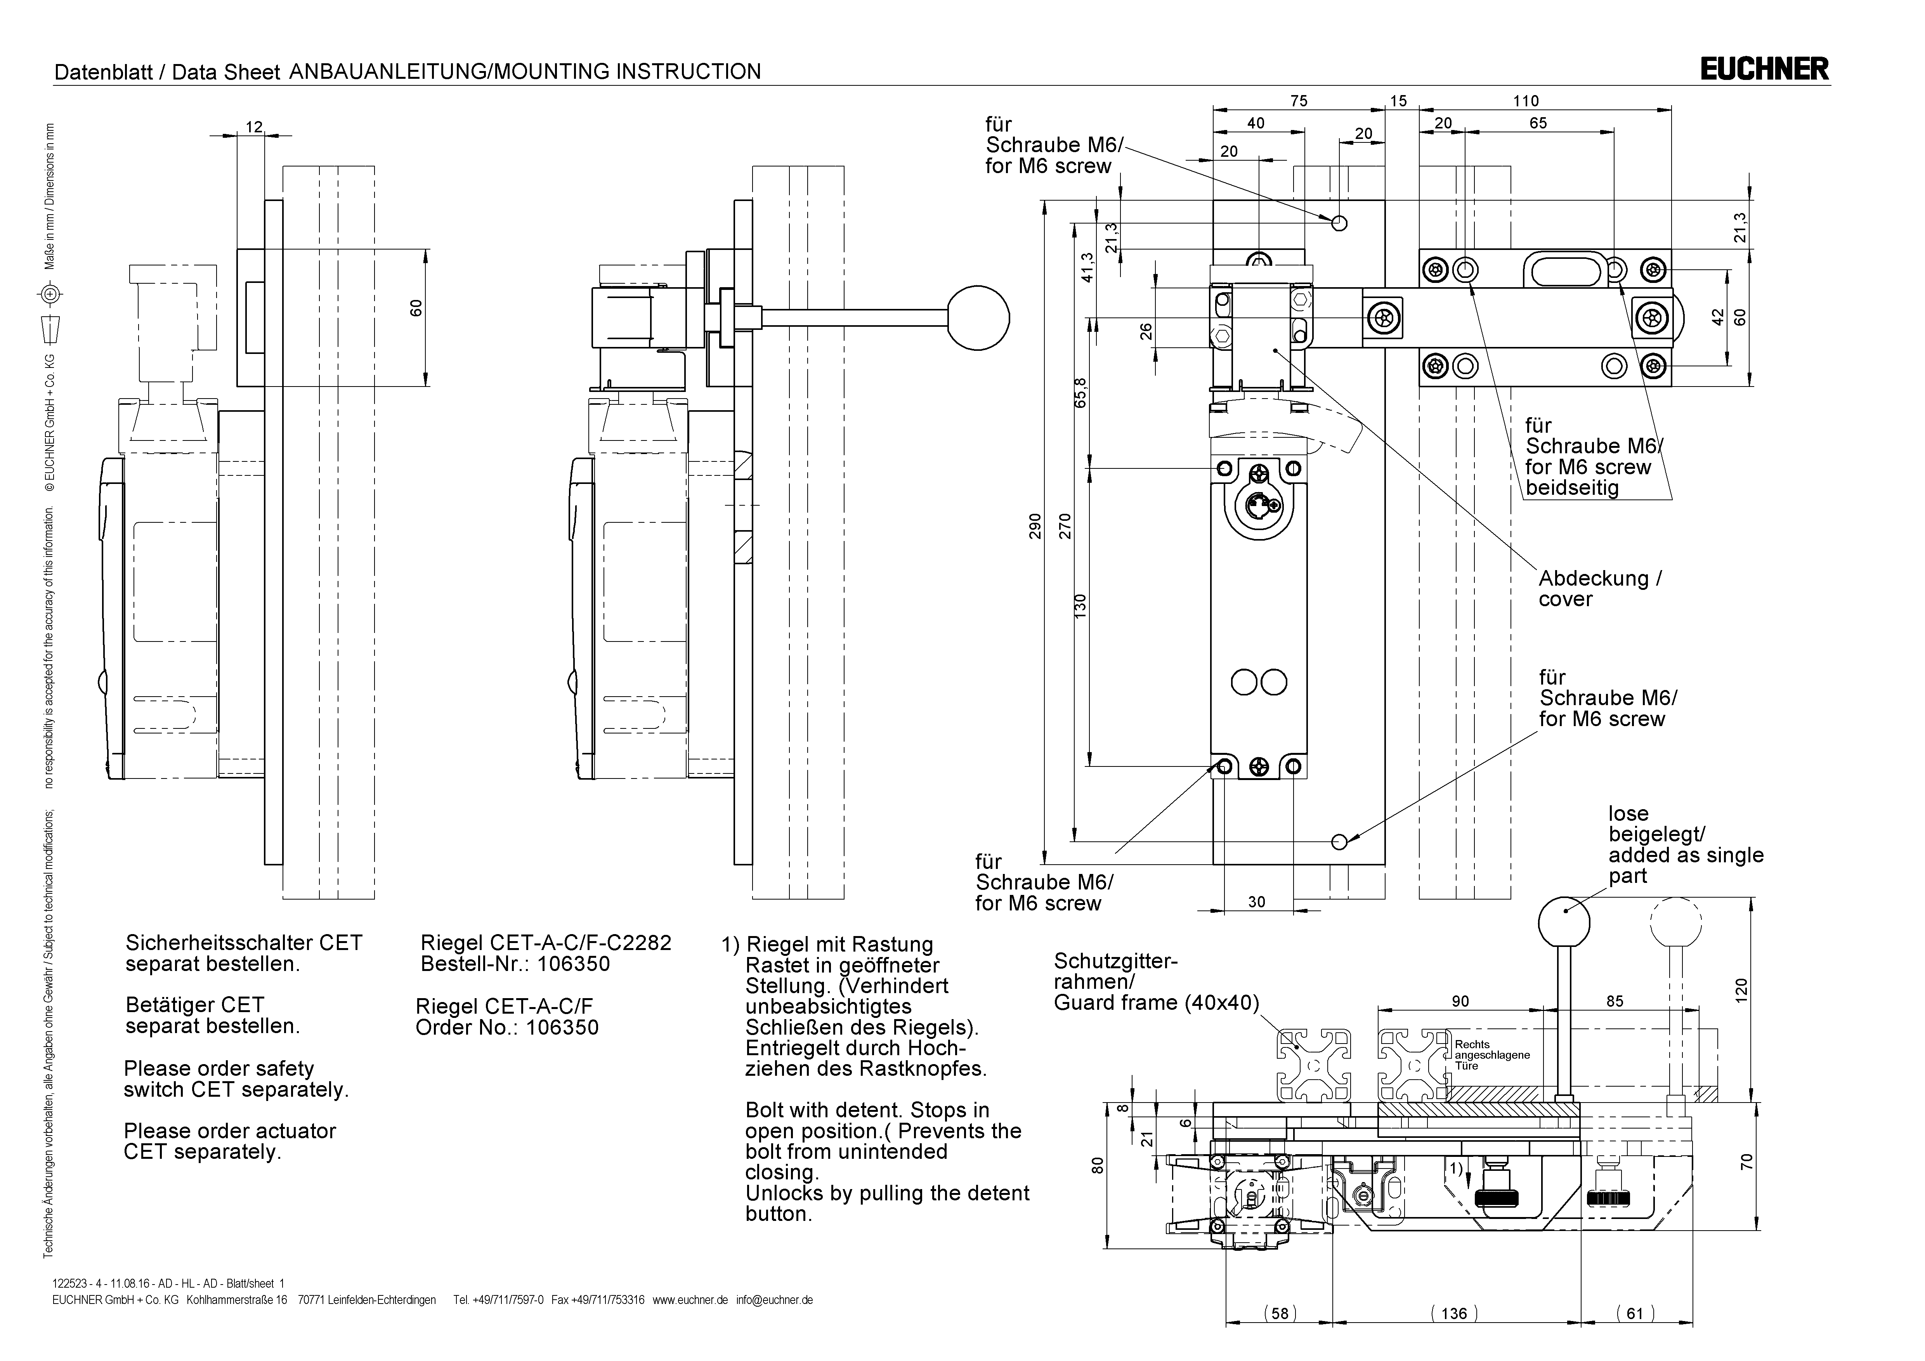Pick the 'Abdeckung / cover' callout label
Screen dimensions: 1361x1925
point(1599,589)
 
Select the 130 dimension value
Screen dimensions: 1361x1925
point(1080,605)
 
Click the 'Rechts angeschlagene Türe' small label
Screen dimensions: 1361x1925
point(1491,1055)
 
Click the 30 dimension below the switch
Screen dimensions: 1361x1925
point(1256,902)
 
